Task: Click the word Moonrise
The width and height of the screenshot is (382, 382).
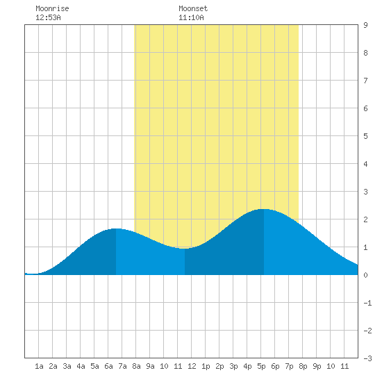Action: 52,8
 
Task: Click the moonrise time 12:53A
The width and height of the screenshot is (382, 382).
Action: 48,17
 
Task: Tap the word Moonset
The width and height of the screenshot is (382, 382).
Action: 193,8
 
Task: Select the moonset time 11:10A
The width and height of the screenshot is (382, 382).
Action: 191,17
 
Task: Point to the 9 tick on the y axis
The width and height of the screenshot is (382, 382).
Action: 365,25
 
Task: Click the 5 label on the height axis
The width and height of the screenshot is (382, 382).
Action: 365,136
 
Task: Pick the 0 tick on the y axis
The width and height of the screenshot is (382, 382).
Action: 365,275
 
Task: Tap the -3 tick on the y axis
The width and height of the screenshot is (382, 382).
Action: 367,358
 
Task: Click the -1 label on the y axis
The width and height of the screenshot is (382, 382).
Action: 367,303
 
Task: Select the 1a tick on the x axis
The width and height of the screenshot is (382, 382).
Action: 39,366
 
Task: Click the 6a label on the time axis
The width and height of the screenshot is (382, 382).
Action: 108,366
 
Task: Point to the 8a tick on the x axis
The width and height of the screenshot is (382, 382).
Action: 136,366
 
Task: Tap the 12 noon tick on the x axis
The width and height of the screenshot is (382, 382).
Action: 192,366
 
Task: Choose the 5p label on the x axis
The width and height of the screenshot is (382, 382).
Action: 261,366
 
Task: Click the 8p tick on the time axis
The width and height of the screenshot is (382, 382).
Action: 303,366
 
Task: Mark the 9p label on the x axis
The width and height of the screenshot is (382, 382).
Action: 317,366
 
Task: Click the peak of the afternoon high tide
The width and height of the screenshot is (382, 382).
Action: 264,209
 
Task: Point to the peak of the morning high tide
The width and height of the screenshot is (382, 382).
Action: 116,229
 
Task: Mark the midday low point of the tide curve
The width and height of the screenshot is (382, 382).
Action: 185,249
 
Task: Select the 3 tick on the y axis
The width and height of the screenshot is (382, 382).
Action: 365,192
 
